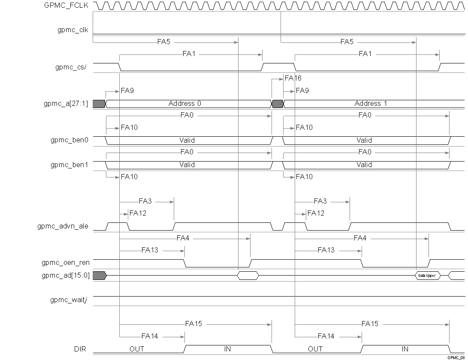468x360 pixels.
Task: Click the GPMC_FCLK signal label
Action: pos(66,6)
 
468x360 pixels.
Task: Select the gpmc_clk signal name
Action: pos(73,30)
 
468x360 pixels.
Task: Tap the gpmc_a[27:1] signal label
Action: pos(69,103)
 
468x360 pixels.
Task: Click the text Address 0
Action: pos(184,103)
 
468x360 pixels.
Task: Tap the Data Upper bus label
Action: pos(427,276)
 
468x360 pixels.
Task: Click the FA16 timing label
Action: pos(293,78)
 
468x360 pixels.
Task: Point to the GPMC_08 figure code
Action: pos(456,357)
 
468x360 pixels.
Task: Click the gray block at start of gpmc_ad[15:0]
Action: pos(99,276)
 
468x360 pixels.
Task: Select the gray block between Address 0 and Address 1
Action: pos(278,103)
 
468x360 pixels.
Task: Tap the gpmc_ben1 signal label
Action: pos(69,165)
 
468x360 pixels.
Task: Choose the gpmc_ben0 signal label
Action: pos(69,140)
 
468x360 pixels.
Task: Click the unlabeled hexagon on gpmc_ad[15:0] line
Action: pos(248,276)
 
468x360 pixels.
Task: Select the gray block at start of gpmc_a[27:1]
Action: pos(99,103)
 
